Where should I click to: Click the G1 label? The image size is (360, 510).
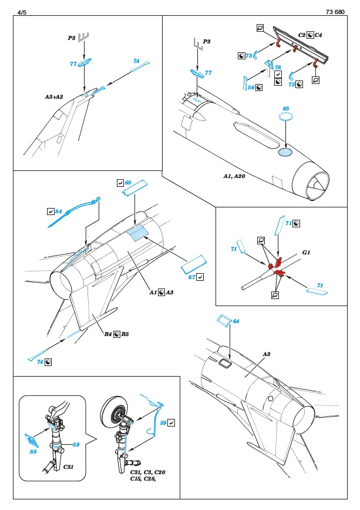point(305,252)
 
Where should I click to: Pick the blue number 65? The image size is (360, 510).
point(286,109)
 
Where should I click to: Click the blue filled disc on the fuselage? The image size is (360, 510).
point(284,153)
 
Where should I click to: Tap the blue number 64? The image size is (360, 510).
point(236,321)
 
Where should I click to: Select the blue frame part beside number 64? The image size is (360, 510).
point(223,321)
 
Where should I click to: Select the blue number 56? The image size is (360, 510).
point(250,87)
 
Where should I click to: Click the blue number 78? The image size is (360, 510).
point(278,68)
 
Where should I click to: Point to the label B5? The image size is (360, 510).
point(126,334)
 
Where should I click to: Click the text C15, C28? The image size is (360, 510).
point(144,479)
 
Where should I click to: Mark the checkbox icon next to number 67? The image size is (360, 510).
point(201,277)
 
